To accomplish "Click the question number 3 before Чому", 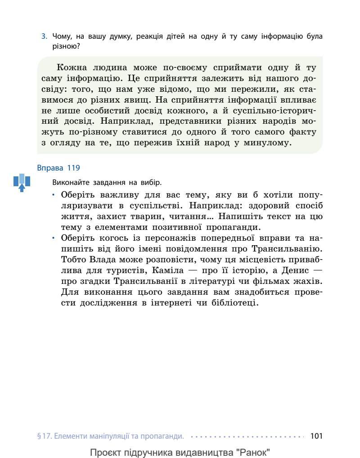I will (44, 36).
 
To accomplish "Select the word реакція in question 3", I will (164, 36).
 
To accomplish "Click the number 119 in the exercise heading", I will (73, 168).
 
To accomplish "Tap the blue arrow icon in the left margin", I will (22, 182).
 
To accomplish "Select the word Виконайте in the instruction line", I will (68, 183).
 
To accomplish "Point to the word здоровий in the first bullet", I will (262, 206).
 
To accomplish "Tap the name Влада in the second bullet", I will (97, 260).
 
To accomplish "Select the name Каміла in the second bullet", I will (171, 270).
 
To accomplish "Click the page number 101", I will (317, 436).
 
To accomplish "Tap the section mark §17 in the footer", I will (44, 436).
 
